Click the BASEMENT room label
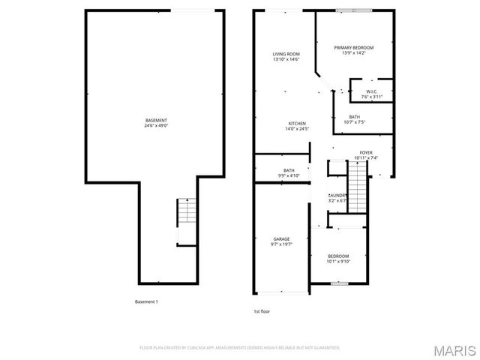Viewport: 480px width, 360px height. pyautogui.click(x=157, y=120)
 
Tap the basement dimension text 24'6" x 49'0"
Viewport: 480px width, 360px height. pyautogui.click(x=157, y=126)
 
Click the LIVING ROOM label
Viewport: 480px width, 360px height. pyautogui.click(x=286, y=54)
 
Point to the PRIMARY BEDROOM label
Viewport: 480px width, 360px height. pyautogui.click(x=353, y=47)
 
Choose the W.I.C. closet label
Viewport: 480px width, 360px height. pyautogui.click(x=371, y=91)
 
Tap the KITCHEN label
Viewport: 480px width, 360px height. pyautogui.click(x=298, y=123)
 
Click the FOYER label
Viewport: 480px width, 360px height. pyautogui.click(x=366, y=152)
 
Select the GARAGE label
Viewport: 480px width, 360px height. pyautogui.click(x=280, y=238)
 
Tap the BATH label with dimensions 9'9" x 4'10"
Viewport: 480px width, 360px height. pyautogui.click(x=289, y=170)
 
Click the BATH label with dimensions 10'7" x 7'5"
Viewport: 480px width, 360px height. pyautogui.click(x=354, y=116)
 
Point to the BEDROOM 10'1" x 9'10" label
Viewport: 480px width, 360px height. pyautogui.click(x=338, y=256)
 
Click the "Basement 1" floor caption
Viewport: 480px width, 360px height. pyautogui.click(x=146, y=301)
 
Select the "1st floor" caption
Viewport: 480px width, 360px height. pyautogui.click(x=262, y=310)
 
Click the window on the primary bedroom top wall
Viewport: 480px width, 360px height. pyautogui.click(x=346, y=10)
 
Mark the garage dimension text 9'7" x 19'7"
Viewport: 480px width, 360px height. pyautogui.click(x=280, y=244)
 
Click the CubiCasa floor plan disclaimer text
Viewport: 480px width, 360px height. pyautogui.click(x=240, y=348)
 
